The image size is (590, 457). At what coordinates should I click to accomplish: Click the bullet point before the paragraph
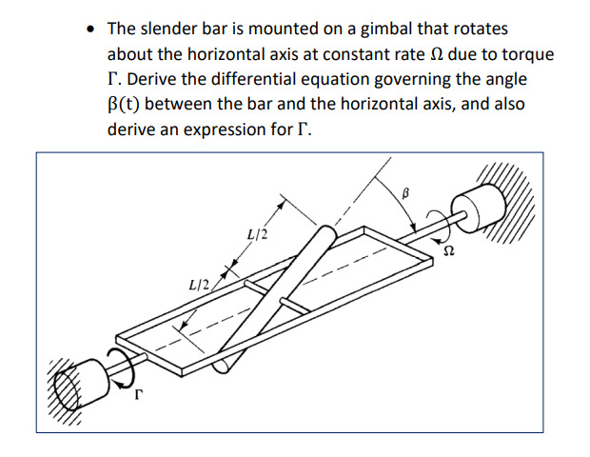[88, 30]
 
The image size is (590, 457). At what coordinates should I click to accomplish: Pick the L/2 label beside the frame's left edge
[200, 283]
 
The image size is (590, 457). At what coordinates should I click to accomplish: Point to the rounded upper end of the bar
[324, 234]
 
